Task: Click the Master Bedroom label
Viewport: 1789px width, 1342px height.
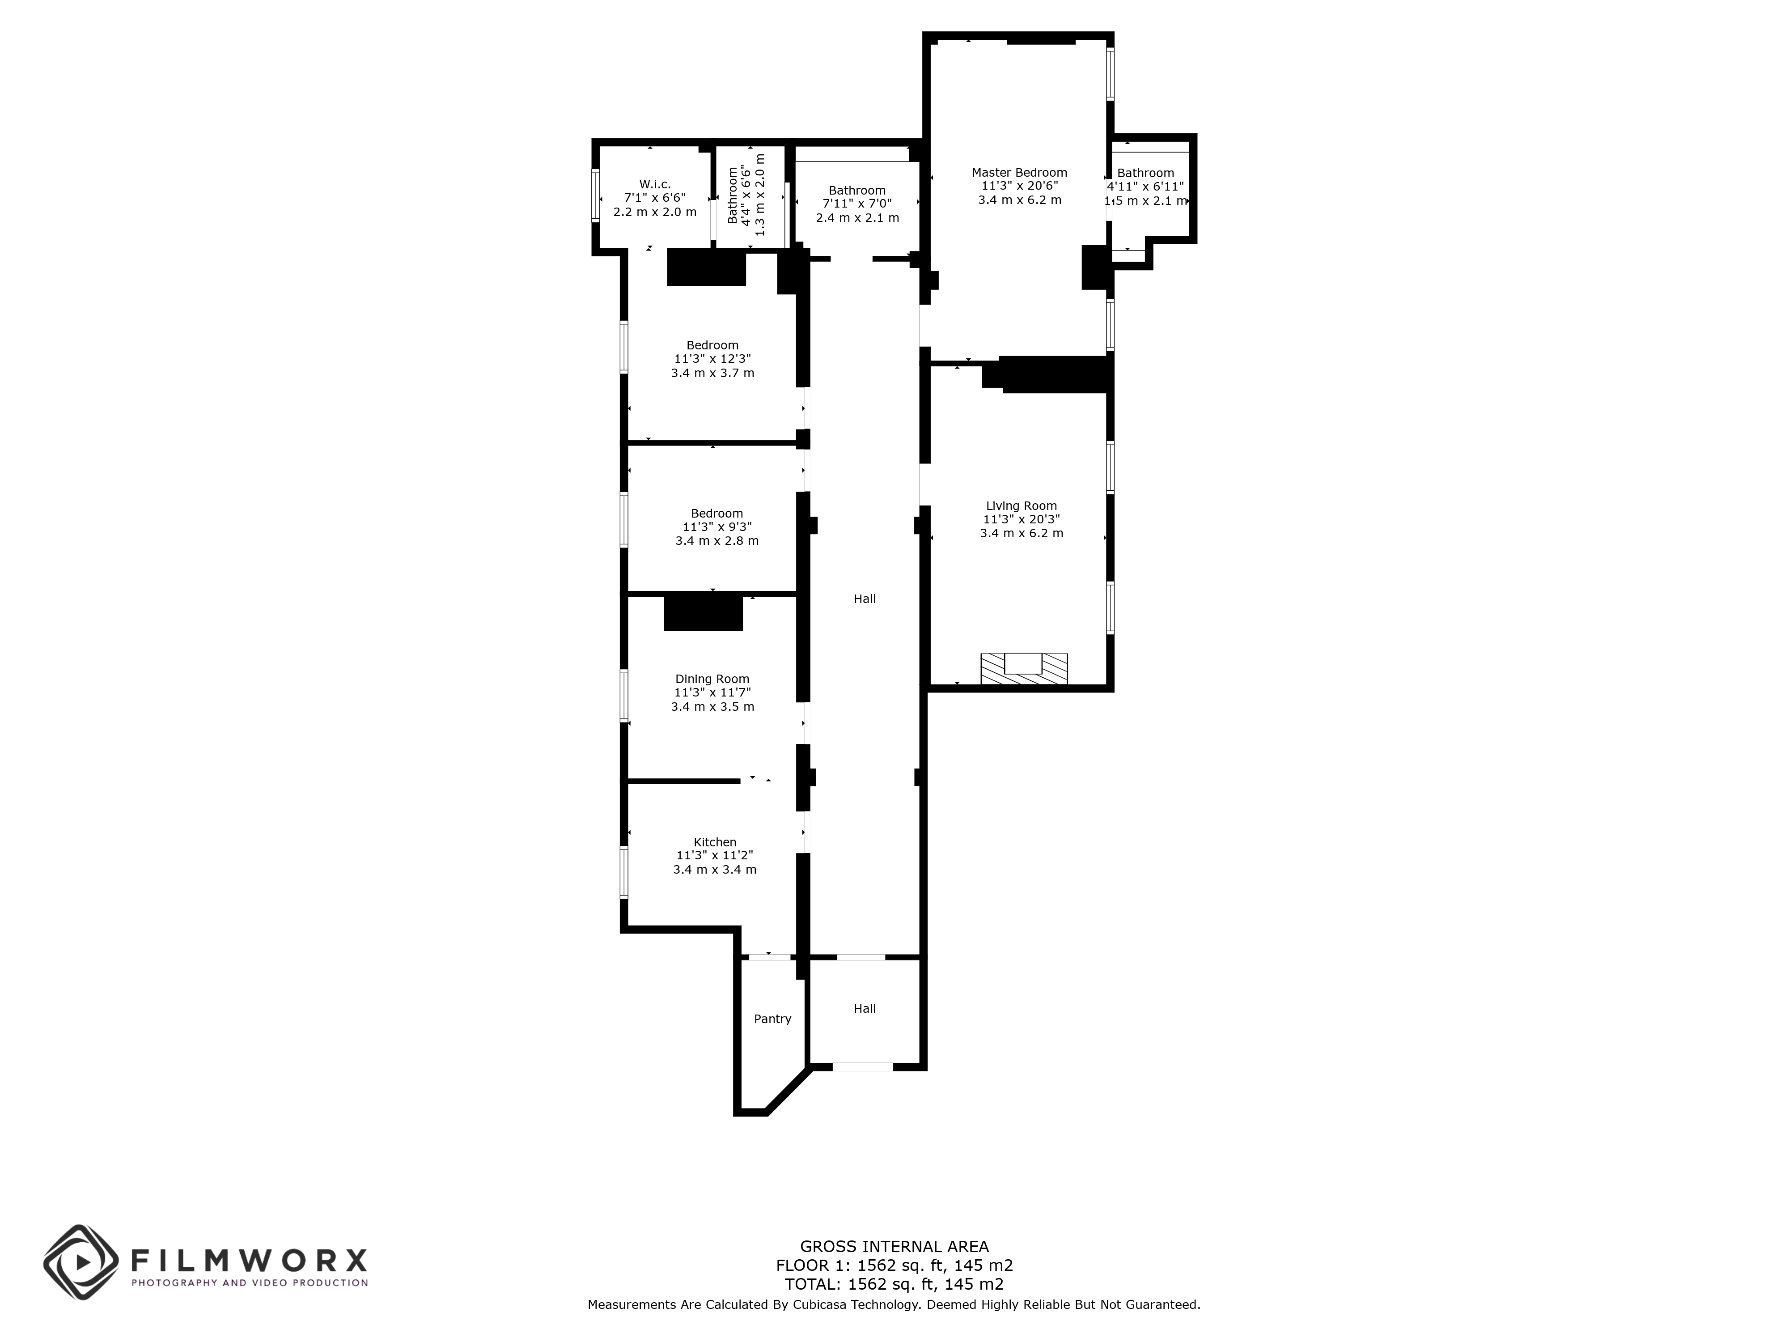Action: pos(1018,172)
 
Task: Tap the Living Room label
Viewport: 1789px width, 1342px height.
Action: pos(1021,505)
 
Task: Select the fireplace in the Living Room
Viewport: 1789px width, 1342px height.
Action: pos(1023,668)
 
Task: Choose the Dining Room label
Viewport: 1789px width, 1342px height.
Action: pos(712,679)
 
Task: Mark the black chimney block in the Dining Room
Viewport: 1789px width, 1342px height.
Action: pos(703,612)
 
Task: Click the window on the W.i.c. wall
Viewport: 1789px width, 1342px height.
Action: pos(596,195)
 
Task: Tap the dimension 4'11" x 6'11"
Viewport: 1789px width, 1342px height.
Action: pos(1145,187)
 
